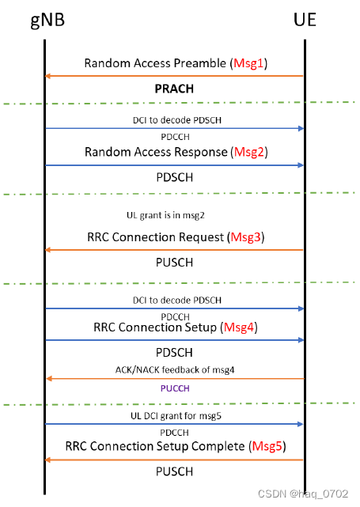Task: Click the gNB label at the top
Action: pos(45,19)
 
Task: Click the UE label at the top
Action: pos(304,19)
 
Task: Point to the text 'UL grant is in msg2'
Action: pos(174,214)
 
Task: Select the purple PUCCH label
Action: pos(175,389)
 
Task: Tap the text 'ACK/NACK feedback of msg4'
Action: pos(174,369)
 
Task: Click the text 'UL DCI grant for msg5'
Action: pos(174,414)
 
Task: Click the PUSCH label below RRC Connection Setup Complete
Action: pos(175,472)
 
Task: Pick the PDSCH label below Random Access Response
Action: pos(175,176)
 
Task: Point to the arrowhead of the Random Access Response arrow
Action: pos(300,165)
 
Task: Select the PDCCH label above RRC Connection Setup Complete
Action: pos(174,433)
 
